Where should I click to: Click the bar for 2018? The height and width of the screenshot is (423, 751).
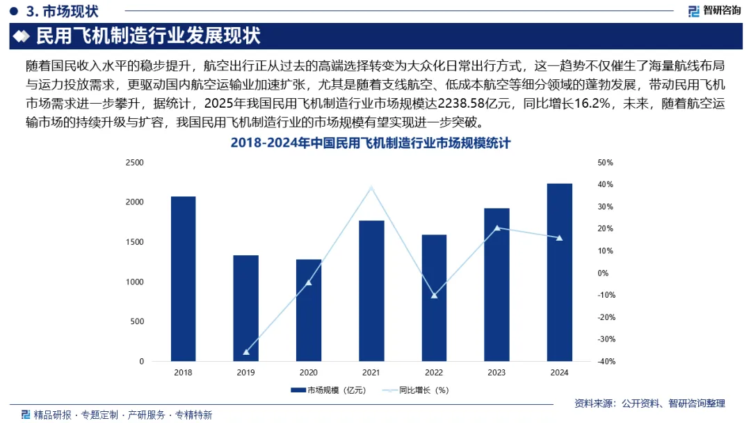[183, 278]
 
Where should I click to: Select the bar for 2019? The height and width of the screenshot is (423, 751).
[245, 308]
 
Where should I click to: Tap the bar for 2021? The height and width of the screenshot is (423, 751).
[371, 291]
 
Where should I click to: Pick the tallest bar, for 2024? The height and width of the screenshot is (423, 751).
[559, 272]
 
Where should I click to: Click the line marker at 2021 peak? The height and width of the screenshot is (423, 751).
[371, 188]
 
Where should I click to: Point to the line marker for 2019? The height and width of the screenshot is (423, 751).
[245, 352]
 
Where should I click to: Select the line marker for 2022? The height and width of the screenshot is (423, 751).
[434, 296]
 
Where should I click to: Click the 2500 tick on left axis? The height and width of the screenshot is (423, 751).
[134, 162]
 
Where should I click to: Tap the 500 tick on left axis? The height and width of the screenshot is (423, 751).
[137, 321]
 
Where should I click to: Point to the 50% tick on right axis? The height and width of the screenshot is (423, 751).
[605, 162]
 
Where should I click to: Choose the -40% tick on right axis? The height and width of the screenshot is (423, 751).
[605, 362]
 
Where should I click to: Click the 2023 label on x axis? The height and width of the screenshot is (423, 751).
[496, 373]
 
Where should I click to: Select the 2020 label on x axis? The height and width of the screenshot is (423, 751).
[308, 373]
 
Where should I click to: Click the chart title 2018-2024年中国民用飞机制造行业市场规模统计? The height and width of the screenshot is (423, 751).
[371, 144]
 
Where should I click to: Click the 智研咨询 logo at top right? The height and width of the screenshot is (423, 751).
[713, 10]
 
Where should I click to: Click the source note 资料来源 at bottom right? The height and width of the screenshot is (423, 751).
[649, 403]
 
